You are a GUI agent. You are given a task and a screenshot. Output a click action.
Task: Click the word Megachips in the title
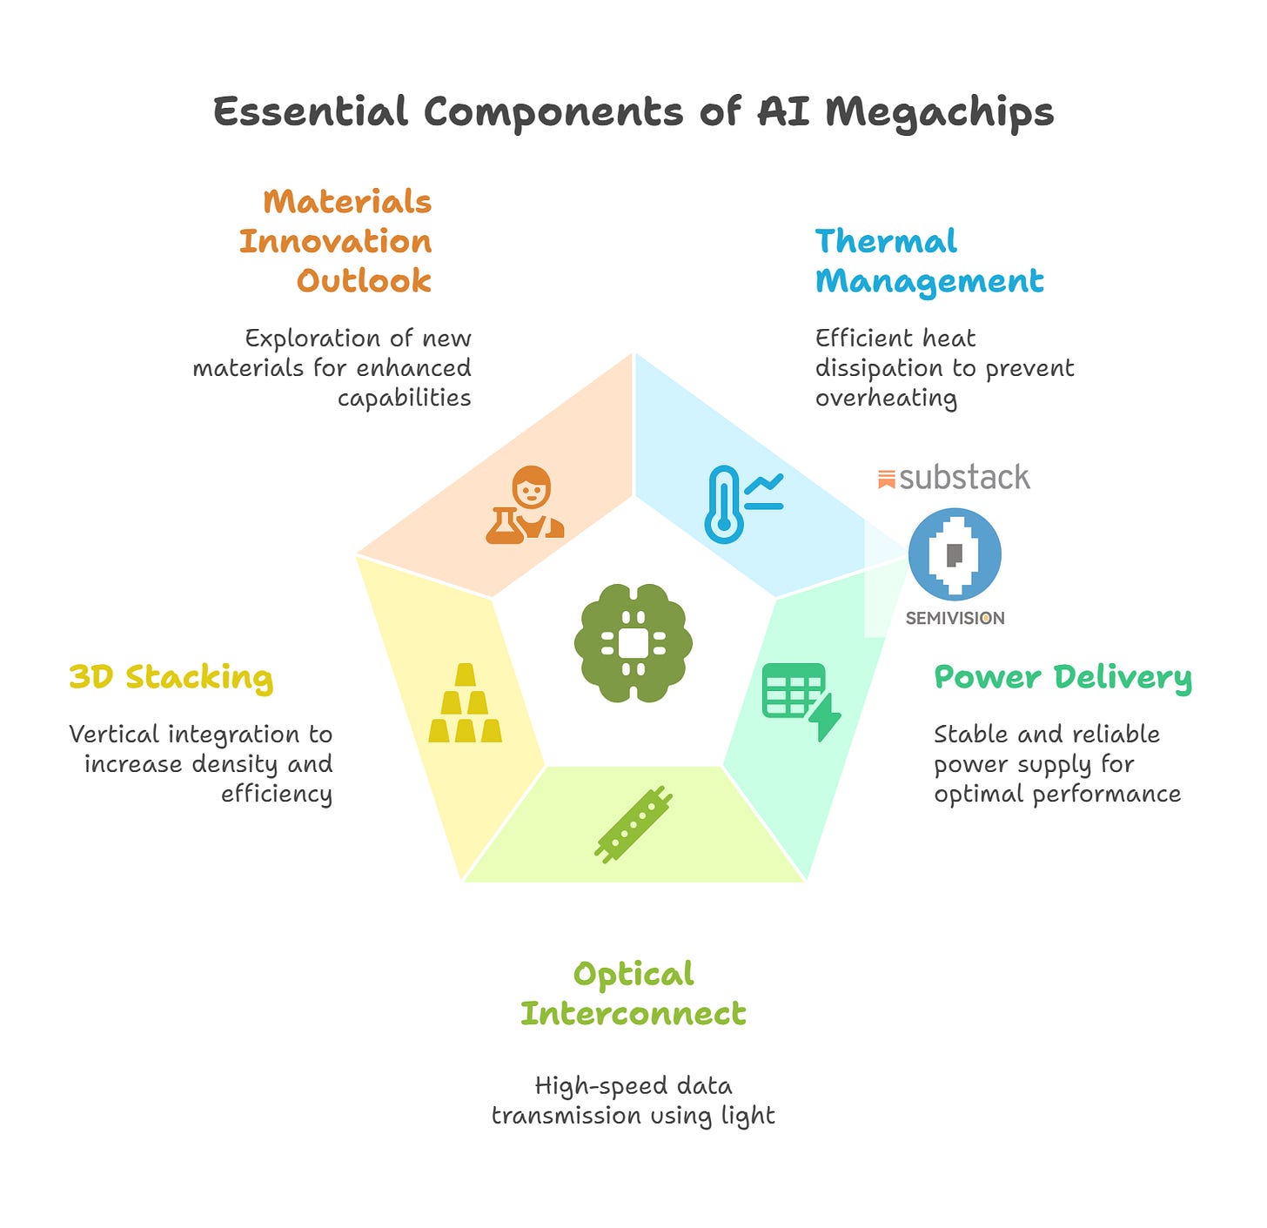tap(939, 112)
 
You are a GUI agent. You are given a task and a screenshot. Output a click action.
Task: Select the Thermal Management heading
tap(928, 261)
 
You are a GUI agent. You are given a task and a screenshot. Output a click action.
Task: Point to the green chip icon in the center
tap(633, 642)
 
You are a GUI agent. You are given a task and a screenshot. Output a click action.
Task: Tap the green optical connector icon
tap(633, 824)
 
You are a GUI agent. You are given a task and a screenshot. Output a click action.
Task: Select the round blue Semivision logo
tap(954, 554)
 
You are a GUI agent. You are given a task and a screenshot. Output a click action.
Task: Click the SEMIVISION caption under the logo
tap(955, 618)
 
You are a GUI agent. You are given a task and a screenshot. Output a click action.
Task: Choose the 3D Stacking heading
tap(171, 677)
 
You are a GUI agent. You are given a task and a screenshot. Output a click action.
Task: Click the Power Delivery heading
tap(1063, 678)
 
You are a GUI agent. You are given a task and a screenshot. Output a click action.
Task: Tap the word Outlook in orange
tap(364, 280)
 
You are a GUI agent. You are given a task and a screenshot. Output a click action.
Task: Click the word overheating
tap(886, 399)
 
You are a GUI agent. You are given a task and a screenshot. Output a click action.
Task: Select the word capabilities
tap(405, 399)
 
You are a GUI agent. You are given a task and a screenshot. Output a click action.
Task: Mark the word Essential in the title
tap(311, 111)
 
